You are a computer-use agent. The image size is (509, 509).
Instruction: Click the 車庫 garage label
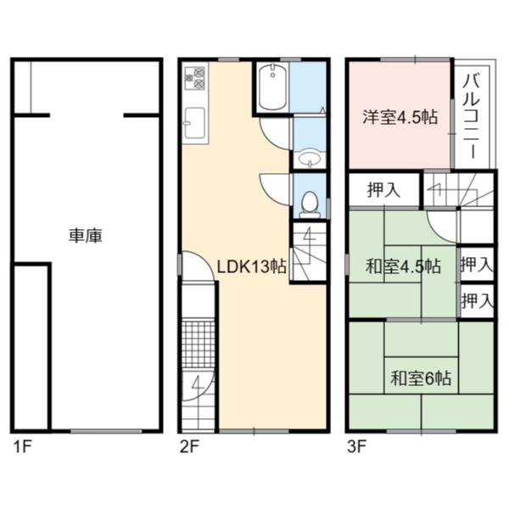tap(86, 236)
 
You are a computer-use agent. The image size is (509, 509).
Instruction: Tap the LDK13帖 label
tap(251, 267)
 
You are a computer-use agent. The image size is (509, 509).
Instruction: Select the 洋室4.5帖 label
tap(400, 117)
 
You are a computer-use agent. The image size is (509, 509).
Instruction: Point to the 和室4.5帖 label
tap(403, 267)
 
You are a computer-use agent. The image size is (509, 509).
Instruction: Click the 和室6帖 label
tap(421, 378)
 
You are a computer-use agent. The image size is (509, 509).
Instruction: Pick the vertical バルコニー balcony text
tap(472, 117)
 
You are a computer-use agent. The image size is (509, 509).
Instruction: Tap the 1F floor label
tap(22, 447)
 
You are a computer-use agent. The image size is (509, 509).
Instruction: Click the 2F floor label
tap(189, 447)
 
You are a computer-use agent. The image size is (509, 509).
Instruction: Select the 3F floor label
tap(357, 447)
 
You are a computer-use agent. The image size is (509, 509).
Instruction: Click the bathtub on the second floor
tap(272, 87)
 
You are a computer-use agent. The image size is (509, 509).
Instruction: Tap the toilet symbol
tap(310, 204)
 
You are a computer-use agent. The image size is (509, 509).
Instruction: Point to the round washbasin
tap(310, 159)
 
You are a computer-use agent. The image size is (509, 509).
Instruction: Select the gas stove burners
tap(194, 78)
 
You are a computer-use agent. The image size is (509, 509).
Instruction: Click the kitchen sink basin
tap(194, 124)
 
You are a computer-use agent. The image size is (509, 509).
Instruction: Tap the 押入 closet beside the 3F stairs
tap(383, 190)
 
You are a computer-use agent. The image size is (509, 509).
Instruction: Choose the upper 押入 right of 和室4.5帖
tap(477, 264)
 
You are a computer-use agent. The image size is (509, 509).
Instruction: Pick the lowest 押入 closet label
tap(477, 300)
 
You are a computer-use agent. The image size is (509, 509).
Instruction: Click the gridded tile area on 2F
tap(198, 344)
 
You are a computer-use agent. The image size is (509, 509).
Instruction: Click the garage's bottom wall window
tap(106, 431)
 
